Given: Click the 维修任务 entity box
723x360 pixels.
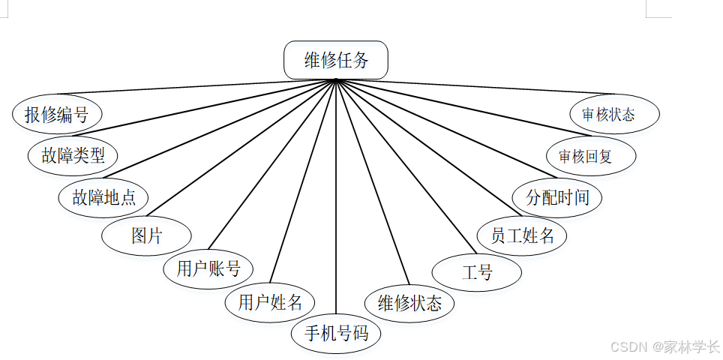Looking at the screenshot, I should coord(336,60).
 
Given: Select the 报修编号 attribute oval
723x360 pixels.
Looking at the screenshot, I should coord(57,115).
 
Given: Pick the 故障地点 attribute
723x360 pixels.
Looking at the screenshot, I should coord(103,197).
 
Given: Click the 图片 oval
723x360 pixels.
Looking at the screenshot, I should coord(146,235).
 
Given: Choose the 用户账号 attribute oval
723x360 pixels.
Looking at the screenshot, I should coord(208,268).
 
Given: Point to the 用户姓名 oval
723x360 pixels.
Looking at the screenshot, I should coord(270,302).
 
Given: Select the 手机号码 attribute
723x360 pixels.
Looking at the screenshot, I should coord(336,333).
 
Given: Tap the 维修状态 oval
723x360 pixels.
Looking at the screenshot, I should coord(409,303).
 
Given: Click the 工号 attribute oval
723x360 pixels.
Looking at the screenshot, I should coord(477,271).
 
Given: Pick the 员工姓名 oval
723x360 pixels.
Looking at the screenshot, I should coord(522,235).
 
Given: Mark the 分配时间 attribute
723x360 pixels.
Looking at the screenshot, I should coord(557,197).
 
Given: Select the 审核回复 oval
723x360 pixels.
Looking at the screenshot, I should coord(591,156).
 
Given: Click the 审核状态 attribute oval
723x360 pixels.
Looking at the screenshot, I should coord(614,114).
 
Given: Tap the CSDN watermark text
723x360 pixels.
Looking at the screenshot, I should coord(664,346).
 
